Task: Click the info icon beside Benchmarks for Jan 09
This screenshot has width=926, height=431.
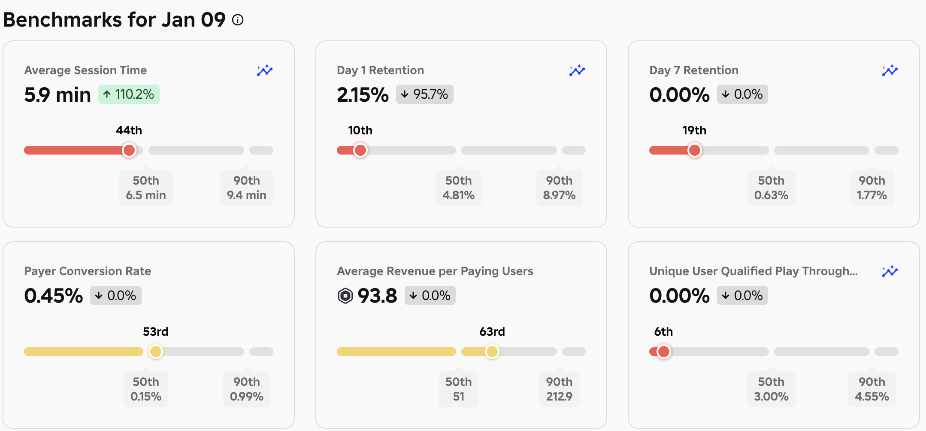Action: tap(238, 20)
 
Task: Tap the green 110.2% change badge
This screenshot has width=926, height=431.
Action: tap(129, 94)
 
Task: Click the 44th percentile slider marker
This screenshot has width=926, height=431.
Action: tap(129, 150)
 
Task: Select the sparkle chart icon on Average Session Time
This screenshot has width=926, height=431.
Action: tap(265, 70)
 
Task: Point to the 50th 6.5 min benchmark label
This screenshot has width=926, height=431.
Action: tap(146, 188)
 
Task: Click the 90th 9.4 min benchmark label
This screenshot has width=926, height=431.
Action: tap(247, 188)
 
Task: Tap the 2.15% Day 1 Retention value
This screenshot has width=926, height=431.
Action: tap(363, 94)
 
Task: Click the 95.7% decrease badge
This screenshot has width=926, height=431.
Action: tap(424, 94)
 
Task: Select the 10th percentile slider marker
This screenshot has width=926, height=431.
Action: tap(360, 150)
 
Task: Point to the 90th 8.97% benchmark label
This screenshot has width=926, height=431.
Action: tap(559, 188)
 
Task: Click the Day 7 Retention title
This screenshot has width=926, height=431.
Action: tap(694, 70)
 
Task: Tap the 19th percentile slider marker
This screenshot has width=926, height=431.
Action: tap(695, 150)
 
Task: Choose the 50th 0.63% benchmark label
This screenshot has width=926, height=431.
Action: tap(771, 188)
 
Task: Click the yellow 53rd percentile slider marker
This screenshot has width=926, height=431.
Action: tap(156, 352)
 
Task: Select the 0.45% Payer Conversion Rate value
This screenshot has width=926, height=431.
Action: tap(54, 296)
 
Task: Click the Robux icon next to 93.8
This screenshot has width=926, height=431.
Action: tap(345, 296)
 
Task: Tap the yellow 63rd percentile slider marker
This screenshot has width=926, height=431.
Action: tap(492, 352)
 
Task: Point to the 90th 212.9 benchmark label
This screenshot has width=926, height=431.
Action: tap(559, 389)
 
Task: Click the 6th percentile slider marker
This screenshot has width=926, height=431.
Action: tap(664, 352)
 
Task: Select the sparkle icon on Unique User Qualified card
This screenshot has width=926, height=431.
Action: tap(890, 271)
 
